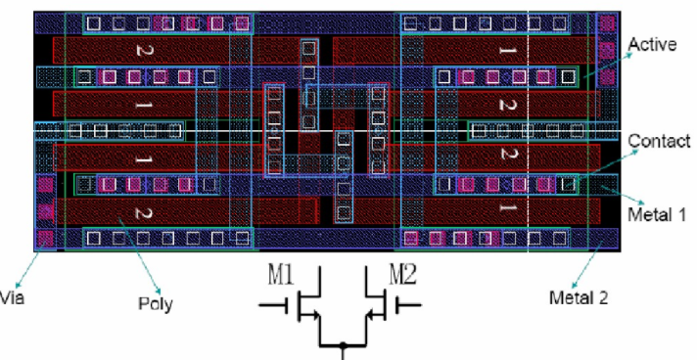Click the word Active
click(652, 45)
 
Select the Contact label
click(659, 141)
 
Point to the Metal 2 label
click(579, 297)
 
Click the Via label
click(12, 297)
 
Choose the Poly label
click(155, 304)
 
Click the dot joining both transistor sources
click(343, 345)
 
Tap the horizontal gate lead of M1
click(273, 305)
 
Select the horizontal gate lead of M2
click(408, 305)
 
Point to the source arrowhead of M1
click(315, 316)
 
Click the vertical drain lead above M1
click(320, 281)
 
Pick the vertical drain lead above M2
click(366, 281)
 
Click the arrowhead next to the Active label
click(628, 55)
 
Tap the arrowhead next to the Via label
click(18, 285)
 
